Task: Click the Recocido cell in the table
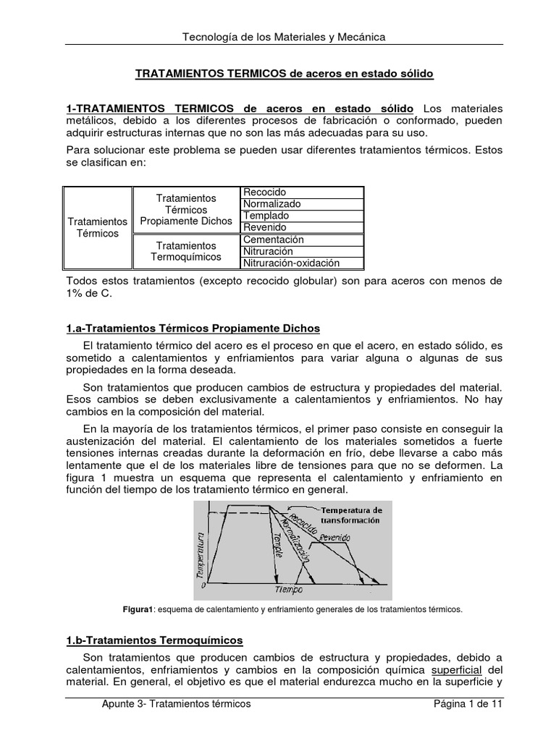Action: tap(301, 192)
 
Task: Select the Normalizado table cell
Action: tap(301, 204)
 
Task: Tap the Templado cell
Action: tap(301, 216)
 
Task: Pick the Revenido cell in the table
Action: tap(301, 227)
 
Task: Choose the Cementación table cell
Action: tap(301, 240)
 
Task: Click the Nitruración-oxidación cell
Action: tap(301, 263)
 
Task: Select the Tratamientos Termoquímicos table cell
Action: tap(186, 252)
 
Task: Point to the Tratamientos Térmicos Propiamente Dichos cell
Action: tap(186, 209)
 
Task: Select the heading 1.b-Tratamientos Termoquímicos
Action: tap(154, 640)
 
